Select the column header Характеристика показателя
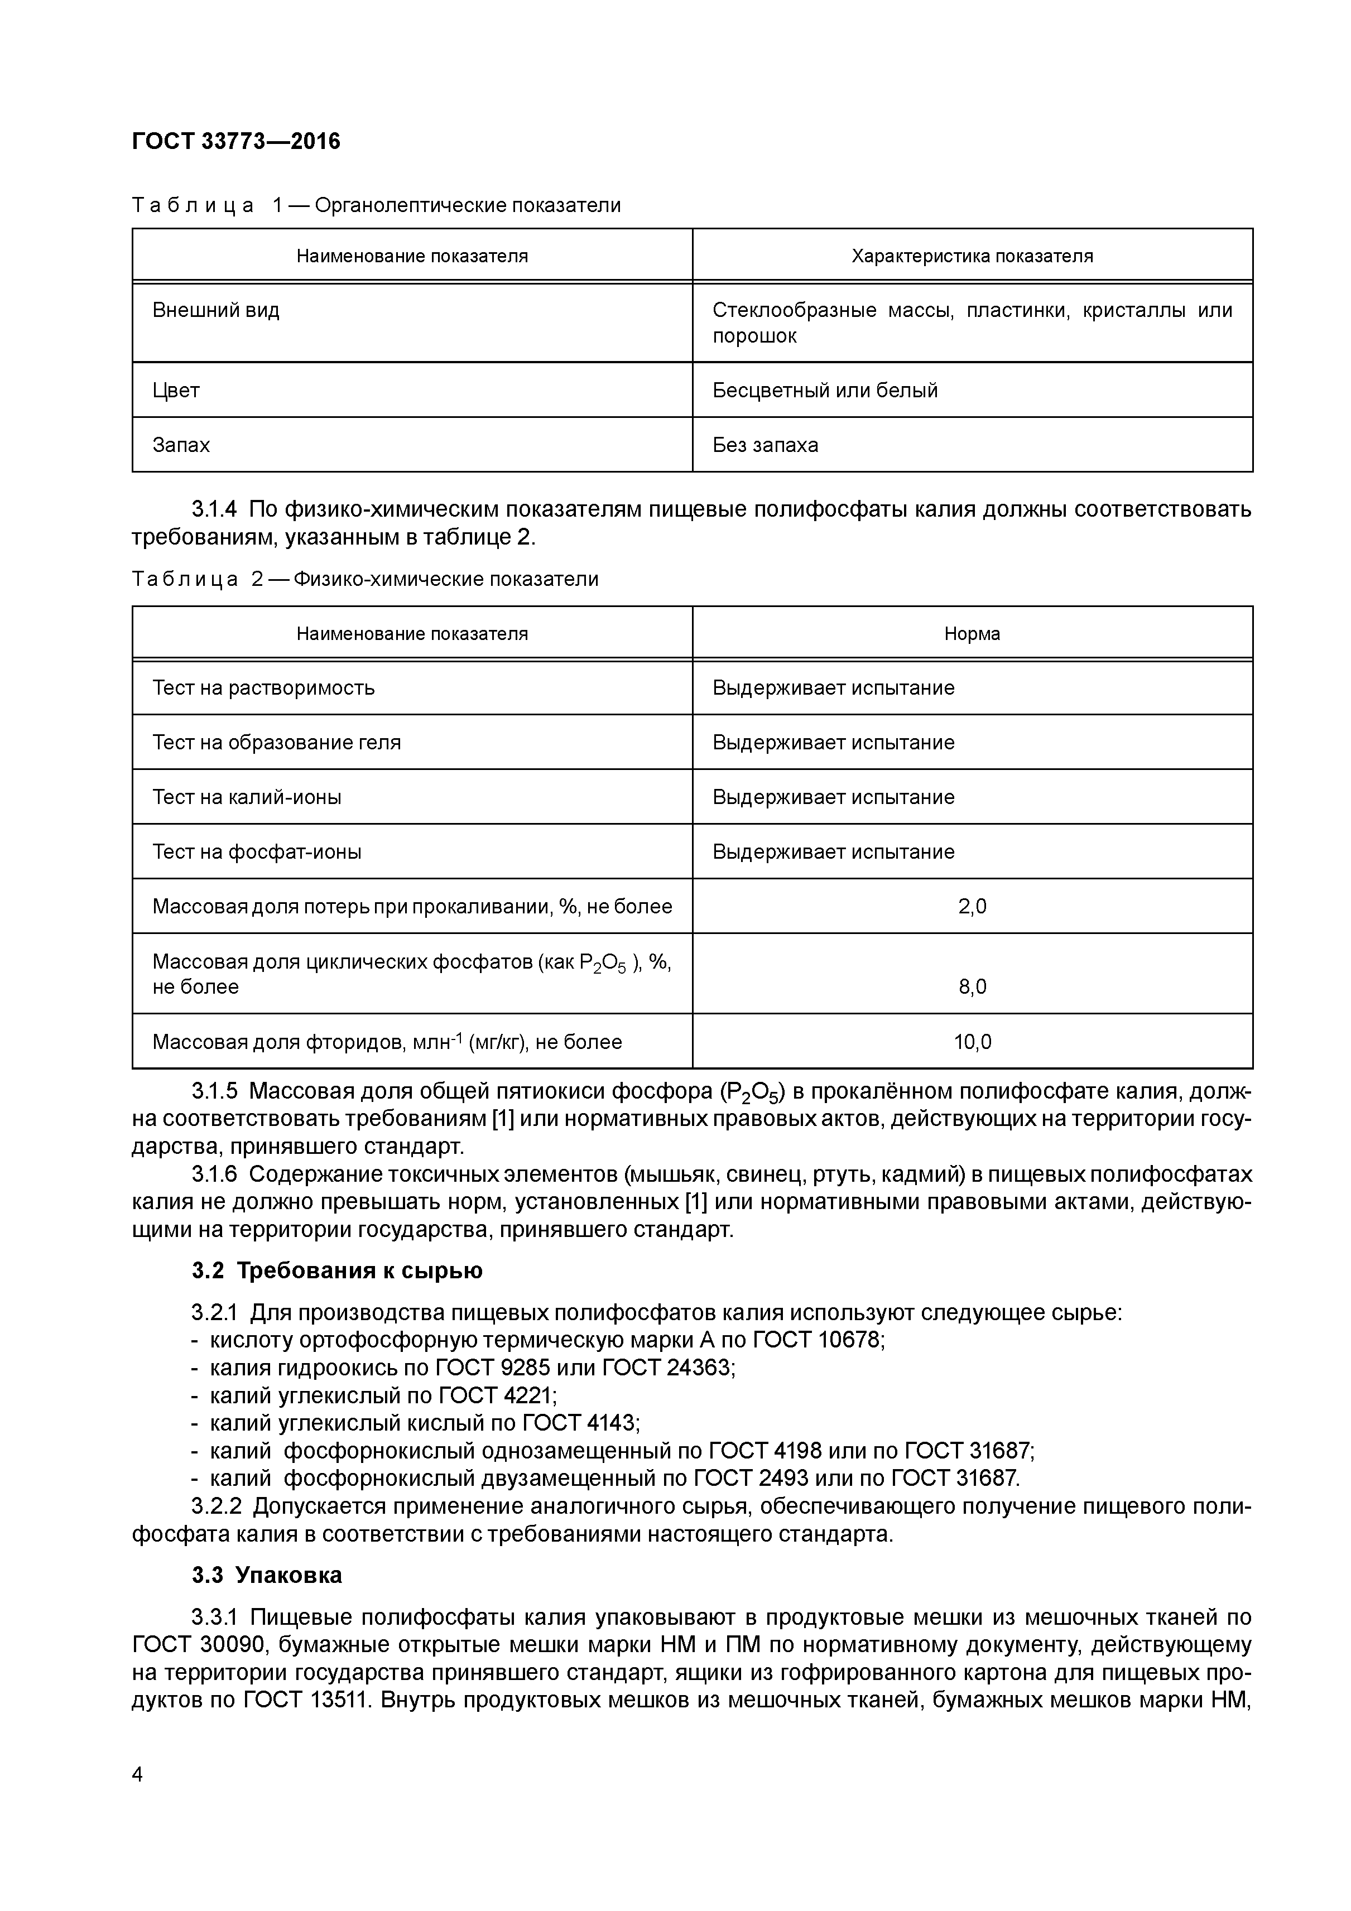tap(972, 256)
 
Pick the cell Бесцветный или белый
tap(824, 391)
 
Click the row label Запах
tap(181, 445)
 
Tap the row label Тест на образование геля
tap(276, 743)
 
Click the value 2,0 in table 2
tap(972, 906)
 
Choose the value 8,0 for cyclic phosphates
tap(972, 987)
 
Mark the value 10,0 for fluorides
tap(972, 1042)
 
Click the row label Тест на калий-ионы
tap(247, 797)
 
